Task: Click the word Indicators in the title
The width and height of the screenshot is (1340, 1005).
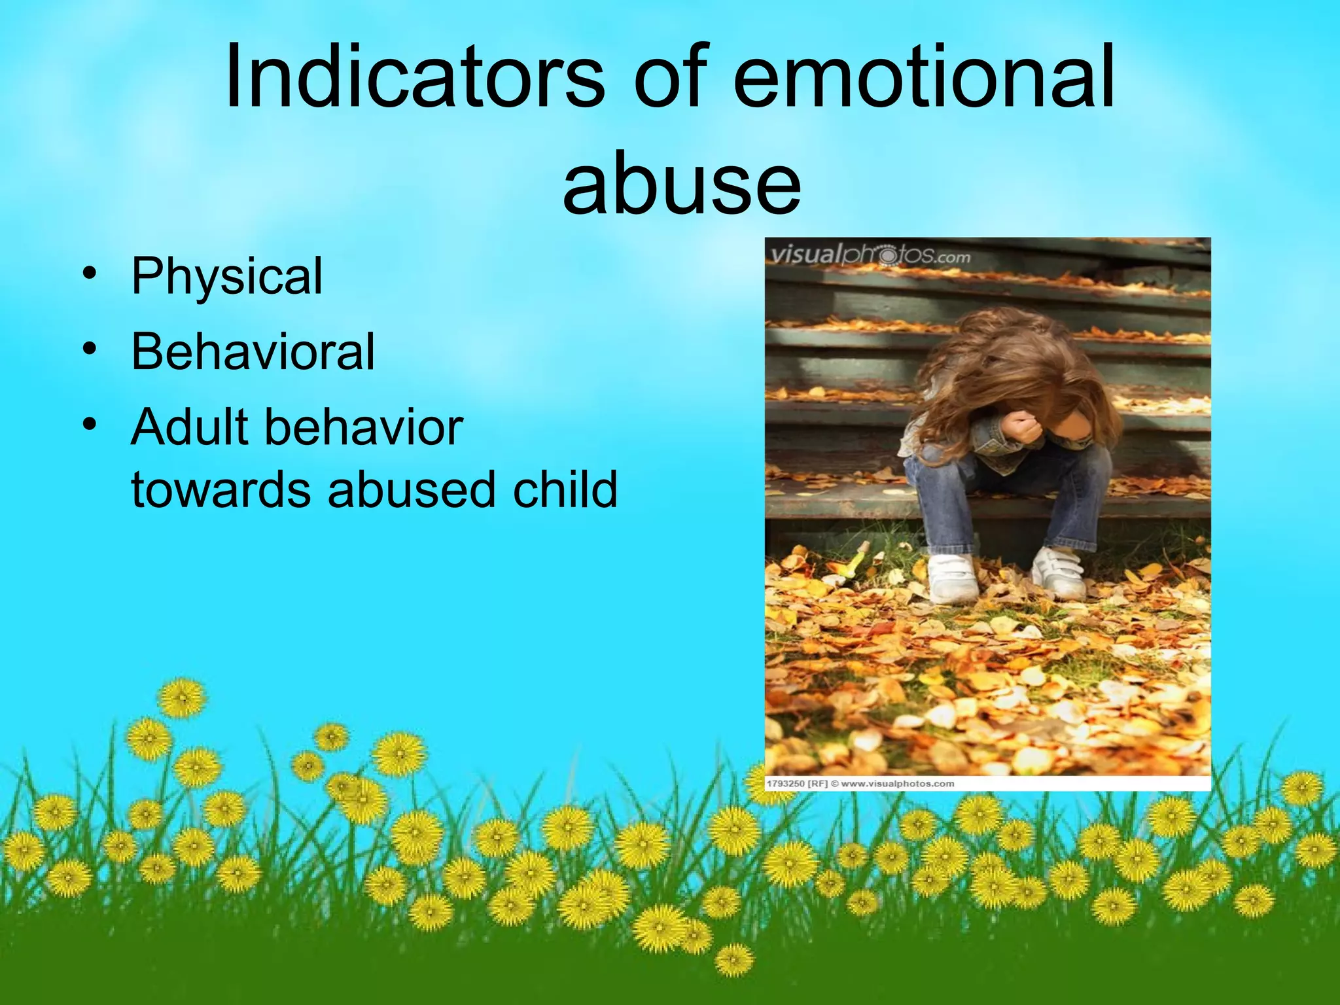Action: pos(415,77)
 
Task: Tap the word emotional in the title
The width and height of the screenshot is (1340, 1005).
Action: pos(924,77)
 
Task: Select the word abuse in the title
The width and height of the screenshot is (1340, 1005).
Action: pos(682,185)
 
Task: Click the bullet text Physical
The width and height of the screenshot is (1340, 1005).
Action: pos(226,276)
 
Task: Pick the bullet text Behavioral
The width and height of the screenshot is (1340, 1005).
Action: pos(253,352)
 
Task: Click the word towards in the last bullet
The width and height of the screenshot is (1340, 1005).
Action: pos(220,489)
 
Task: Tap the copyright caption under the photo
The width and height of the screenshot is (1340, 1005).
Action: pos(860,783)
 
